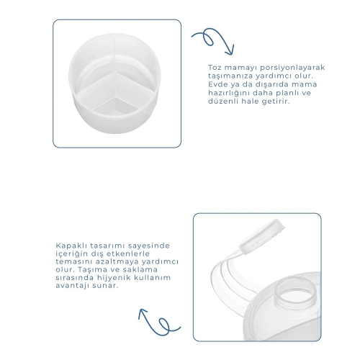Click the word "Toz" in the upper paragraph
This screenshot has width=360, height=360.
[215, 68]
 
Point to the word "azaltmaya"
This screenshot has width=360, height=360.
[119, 261]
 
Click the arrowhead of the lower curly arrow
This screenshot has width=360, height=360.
[143, 312]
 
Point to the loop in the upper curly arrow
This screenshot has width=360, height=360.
[207, 38]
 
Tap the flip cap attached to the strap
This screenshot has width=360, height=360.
[261, 236]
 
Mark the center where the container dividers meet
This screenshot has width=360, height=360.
[114, 73]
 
